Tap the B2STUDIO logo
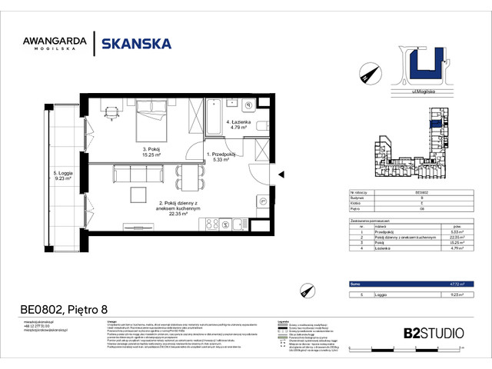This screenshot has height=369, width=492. pos(434,333)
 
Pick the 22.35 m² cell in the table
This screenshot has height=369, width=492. pos(454,238)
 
